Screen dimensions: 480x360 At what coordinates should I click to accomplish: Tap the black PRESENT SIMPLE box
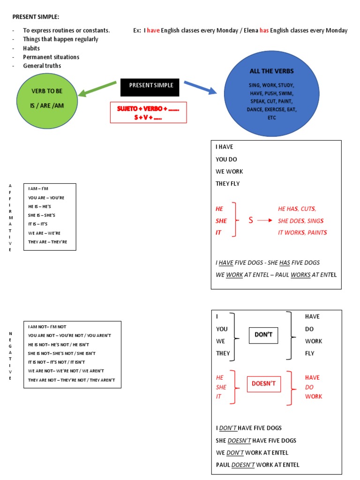pyautogui.click(x=150, y=86)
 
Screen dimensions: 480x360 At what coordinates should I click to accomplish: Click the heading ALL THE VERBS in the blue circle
pyautogui.click(x=271, y=71)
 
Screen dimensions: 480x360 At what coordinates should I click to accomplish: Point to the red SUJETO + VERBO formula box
pyautogui.click(x=148, y=112)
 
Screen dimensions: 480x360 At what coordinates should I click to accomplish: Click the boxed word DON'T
pyautogui.click(x=263, y=335)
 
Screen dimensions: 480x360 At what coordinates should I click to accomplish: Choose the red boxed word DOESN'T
pyautogui.click(x=264, y=384)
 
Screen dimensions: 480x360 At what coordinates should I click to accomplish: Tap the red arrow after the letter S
pyautogui.click(x=264, y=220)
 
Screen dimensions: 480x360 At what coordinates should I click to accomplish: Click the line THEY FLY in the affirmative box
pyautogui.click(x=227, y=184)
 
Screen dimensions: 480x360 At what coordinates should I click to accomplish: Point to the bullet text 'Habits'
pyautogui.click(x=31, y=48)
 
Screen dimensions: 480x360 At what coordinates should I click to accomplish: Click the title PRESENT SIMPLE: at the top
pyautogui.click(x=36, y=17)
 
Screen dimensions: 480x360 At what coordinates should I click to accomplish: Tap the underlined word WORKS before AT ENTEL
pyautogui.click(x=300, y=275)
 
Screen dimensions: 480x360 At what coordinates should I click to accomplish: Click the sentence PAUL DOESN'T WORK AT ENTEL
pyautogui.click(x=257, y=465)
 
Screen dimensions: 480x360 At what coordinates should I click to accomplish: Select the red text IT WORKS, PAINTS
pyautogui.click(x=302, y=232)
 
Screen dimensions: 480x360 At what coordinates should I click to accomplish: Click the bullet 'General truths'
pyautogui.click(x=42, y=66)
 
